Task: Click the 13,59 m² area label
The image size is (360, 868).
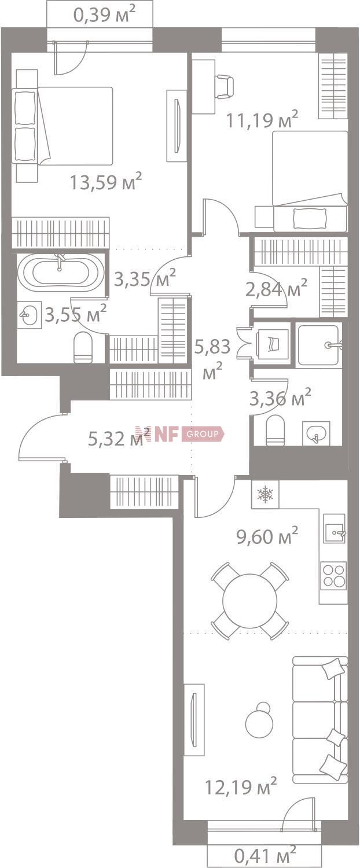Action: (x=106, y=182)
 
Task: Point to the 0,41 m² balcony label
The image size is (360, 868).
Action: (x=265, y=854)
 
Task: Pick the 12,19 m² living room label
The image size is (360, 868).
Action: (x=241, y=786)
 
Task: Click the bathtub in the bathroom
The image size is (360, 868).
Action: (x=60, y=273)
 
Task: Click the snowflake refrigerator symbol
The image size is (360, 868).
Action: (x=265, y=494)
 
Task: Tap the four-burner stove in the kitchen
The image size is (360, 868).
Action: (x=334, y=575)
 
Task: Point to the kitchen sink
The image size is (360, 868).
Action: (x=335, y=531)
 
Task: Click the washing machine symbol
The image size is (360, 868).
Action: (x=272, y=342)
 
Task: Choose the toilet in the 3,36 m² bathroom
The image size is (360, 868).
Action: (x=275, y=430)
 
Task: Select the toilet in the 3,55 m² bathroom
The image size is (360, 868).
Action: (x=83, y=347)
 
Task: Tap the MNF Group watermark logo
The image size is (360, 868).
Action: (x=179, y=434)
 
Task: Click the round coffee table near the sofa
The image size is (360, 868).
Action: (x=258, y=720)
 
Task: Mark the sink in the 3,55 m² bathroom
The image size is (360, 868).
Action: (x=28, y=315)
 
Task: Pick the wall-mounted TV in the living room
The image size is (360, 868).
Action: (x=194, y=719)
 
